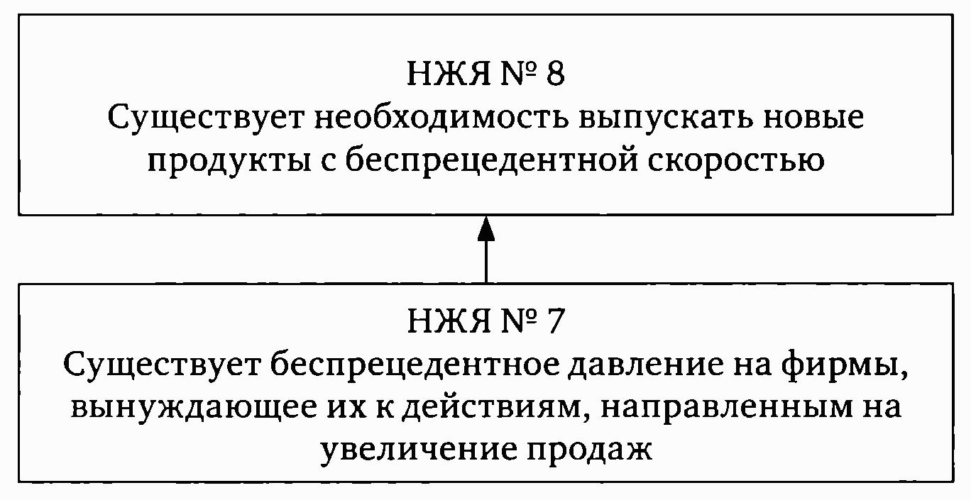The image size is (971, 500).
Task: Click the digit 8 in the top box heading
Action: coord(555,73)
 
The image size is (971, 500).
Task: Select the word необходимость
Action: coord(441,117)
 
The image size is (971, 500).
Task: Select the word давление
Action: coord(646,365)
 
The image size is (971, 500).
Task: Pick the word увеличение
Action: coord(419,451)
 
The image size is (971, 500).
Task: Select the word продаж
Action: coord(590,451)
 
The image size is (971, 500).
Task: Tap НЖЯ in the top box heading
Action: coord(449,74)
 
